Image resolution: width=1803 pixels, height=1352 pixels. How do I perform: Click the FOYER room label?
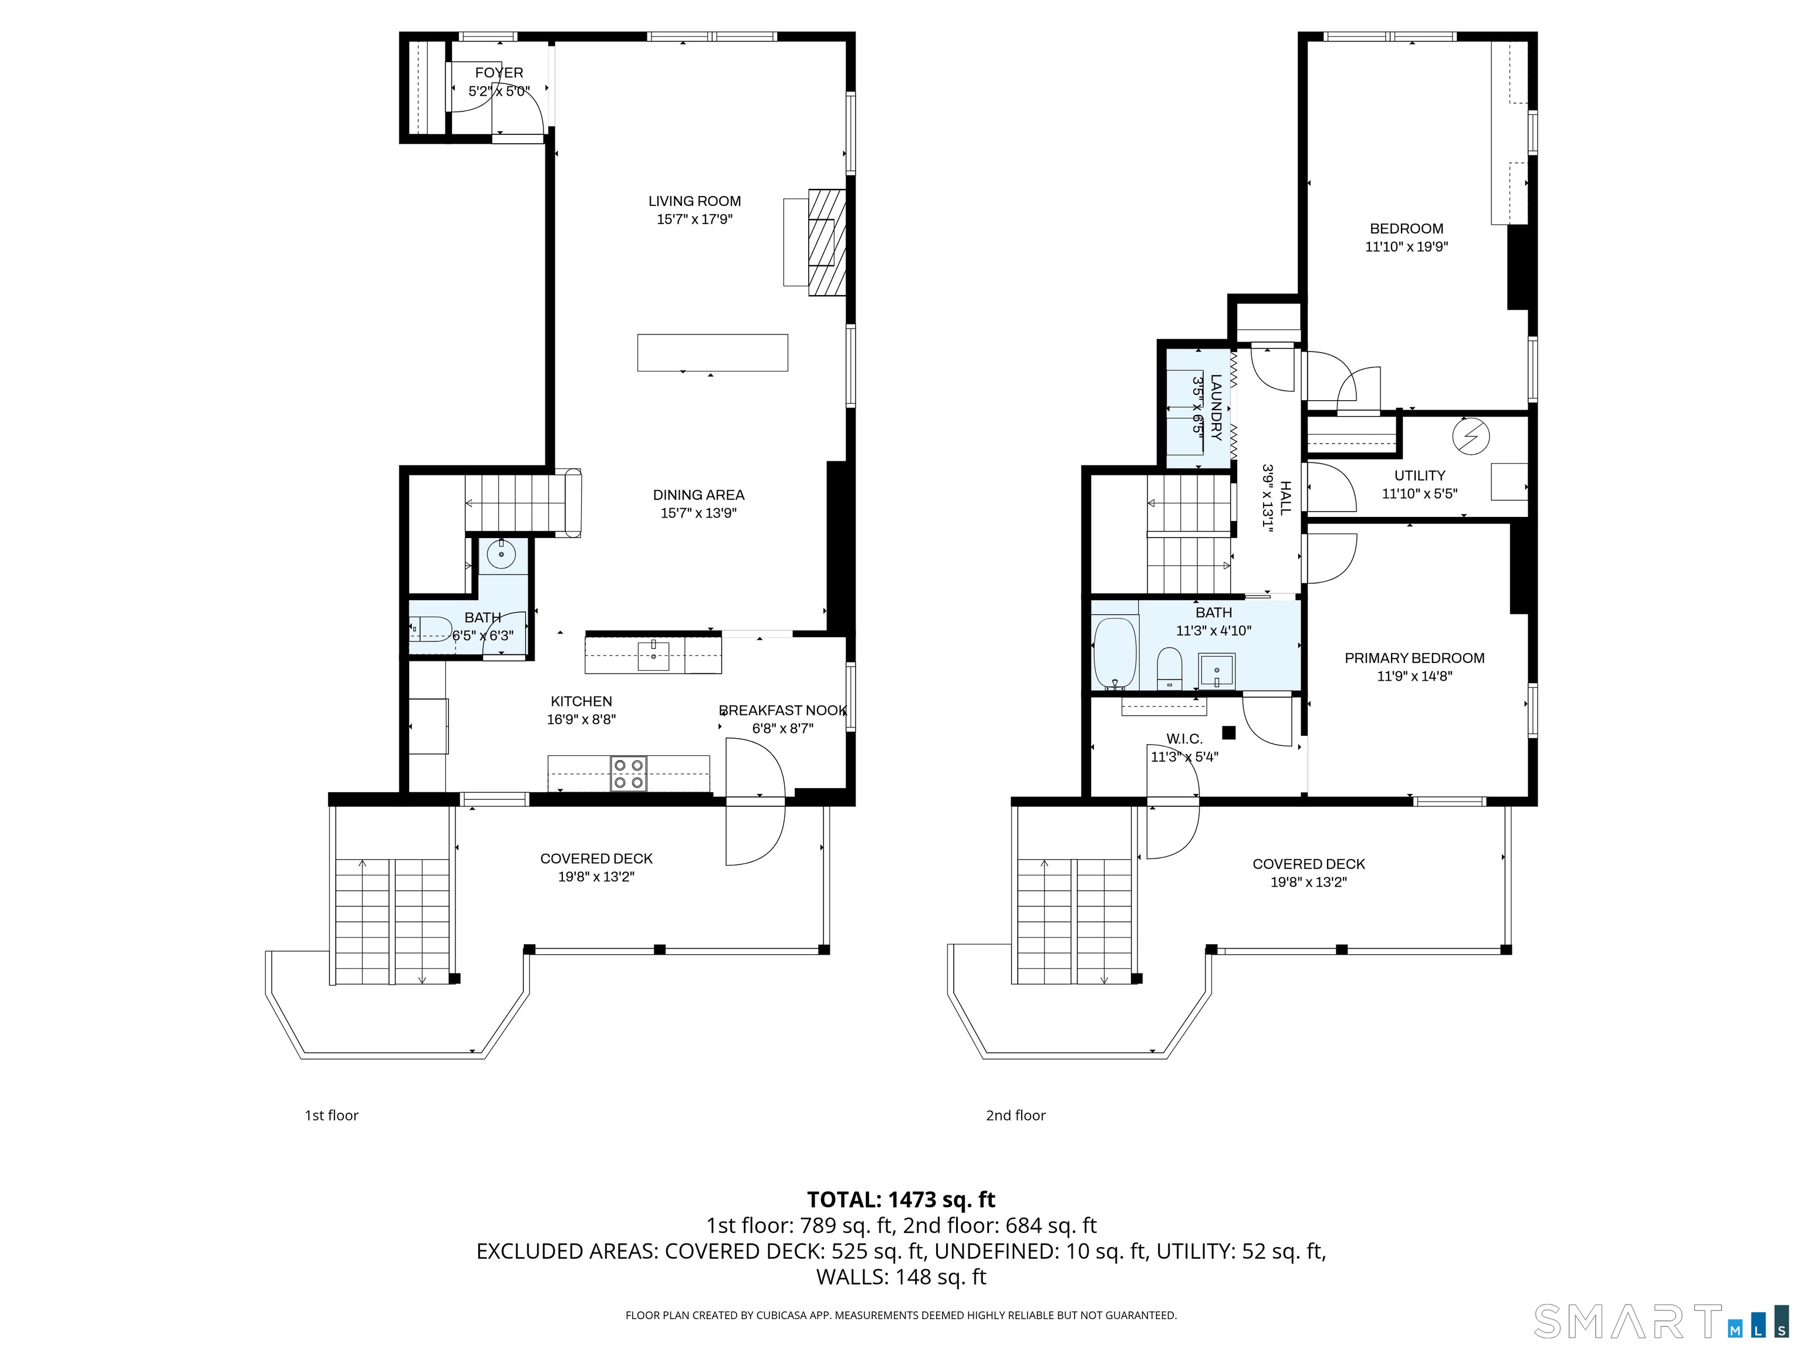click(x=499, y=73)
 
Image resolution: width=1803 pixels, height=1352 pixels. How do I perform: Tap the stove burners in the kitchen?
click(x=629, y=773)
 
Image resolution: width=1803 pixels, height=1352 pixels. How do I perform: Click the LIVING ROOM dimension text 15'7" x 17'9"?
click(x=694, y=219)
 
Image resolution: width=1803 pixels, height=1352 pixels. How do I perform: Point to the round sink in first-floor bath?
click(x=501, y=556)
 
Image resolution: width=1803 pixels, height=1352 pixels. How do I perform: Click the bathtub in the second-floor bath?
click(x=1114, y=653)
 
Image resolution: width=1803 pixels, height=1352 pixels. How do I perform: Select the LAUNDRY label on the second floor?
click(x=1215, y=407)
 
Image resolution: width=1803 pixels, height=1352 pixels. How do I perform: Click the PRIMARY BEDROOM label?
click(x=1414, y=658)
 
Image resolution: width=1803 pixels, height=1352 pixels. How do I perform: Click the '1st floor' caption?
click(x=331, y=1115)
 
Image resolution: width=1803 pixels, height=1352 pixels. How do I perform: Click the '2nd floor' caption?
click(x=1015, y=1115)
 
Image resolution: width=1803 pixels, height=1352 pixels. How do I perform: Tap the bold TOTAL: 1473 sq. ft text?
click(x=901, y=1199)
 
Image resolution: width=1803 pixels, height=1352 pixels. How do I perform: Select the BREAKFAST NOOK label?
click(x=782, y=711)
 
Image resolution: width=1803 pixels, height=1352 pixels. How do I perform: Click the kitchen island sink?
click(x=653, y=654)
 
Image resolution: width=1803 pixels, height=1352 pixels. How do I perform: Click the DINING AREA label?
click(x=698, y=495)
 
